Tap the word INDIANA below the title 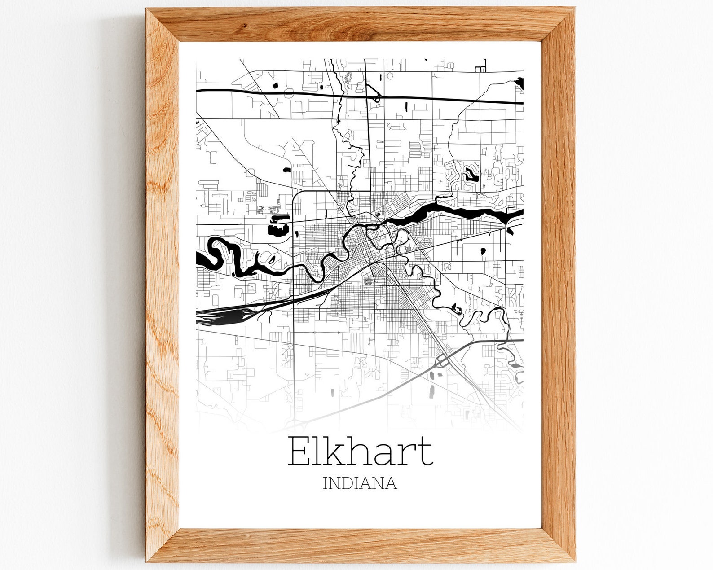(x=360, y=483)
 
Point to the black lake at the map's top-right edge (x=519, y=83)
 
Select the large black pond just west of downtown (x=277, y=230)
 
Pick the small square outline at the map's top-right (x=480, y=69)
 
